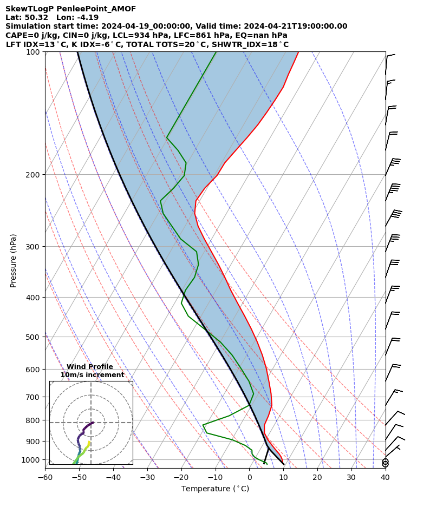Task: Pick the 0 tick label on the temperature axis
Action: click(x=250, y=478)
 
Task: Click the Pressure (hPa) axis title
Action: click(x=13, y=260)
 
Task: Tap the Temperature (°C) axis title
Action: click(x=215, y=489)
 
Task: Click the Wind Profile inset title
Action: click(x=90, y=367)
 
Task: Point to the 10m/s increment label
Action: click(x=92, y=375)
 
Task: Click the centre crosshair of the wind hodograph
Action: click(x=91, y=423)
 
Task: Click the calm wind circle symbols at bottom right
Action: click(x=385, y=463)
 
